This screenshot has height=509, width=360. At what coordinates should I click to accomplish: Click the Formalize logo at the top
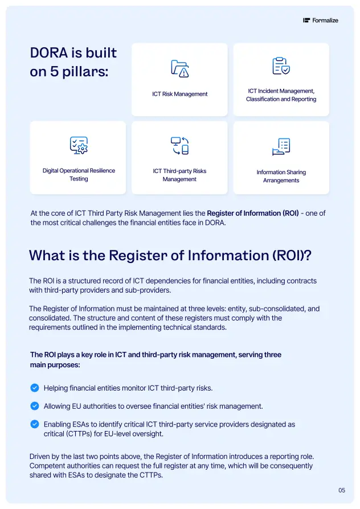[x=321, y=20]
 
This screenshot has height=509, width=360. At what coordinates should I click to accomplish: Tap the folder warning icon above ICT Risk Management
[x=179, y=68]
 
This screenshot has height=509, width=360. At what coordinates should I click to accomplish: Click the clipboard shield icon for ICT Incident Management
[x=281, y=66]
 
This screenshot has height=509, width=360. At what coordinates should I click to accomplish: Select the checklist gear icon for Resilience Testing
[x=79, y=145]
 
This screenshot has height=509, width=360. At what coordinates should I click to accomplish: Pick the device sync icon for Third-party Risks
[x=179, y=145]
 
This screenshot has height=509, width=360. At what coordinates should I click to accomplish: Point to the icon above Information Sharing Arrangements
[x=281, y=146]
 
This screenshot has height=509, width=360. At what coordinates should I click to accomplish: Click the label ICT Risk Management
[x=179, y=94]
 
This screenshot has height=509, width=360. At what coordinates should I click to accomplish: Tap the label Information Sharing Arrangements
[x=281, y=176]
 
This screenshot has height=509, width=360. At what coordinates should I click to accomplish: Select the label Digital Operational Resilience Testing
[x=79, y=174]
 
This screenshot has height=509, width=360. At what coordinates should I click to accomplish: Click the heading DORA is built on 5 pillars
[x=73, y=63]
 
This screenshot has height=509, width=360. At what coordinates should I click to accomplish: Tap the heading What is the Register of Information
[x=170, y=255]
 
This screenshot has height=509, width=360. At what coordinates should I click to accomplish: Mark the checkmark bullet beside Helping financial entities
[x=34, y=388]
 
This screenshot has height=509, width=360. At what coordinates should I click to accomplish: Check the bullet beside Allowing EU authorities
[x=34, y=406]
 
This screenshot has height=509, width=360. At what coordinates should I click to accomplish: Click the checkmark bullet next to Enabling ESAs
[x=34, y=424]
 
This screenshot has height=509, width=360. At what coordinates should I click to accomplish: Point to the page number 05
[x=342, y=490]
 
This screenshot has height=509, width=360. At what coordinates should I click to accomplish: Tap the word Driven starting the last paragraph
[x=40, y=457]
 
